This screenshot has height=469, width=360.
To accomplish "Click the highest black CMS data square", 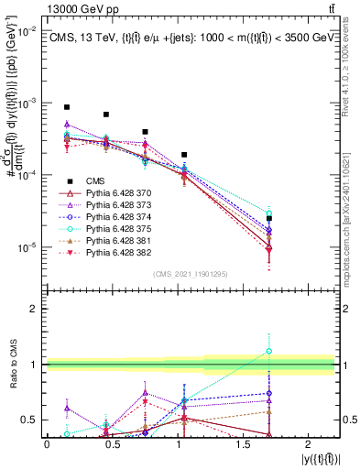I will click(x=67, y=107).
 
